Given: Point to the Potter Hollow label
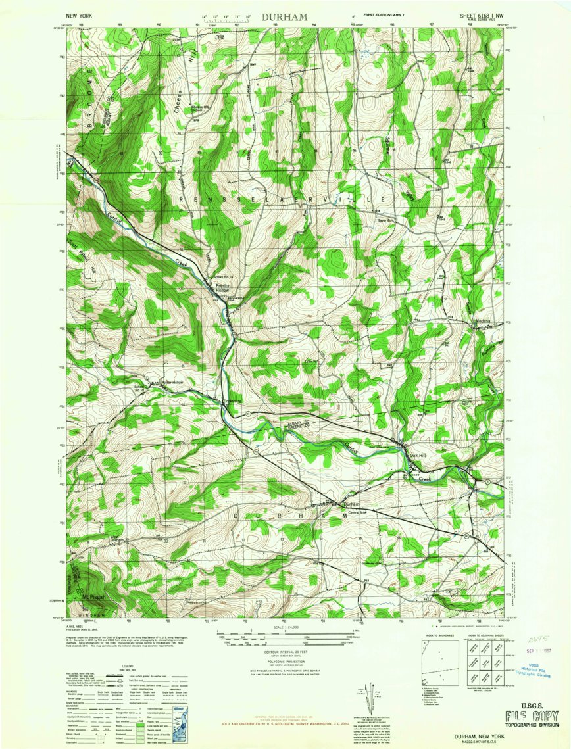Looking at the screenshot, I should pyautogui.click(x=168, y=382).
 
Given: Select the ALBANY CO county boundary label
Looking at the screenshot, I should pyautogui.click(x=298, y=422).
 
